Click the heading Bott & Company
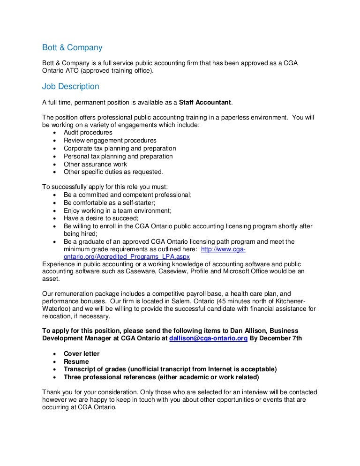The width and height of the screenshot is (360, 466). click(72, 48)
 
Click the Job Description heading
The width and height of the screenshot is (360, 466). click(71, 87)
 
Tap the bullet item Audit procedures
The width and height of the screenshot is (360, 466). click(88, 133)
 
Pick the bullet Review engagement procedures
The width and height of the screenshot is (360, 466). click(110, 141)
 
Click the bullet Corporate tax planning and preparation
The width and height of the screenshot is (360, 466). click(120, 149)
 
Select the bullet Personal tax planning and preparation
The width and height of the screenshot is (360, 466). click(118, 157)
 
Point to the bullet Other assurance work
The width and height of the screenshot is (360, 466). click(95, 165)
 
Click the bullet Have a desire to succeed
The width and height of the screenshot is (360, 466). click(101, 218)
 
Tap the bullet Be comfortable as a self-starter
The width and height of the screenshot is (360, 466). click(109, 203)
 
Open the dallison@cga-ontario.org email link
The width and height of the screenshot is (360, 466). click(208, 338)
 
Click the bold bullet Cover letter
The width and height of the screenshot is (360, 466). click(82, 354)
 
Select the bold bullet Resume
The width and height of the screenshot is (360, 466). click(76, 362)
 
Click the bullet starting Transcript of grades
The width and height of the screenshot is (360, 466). click(170, 369)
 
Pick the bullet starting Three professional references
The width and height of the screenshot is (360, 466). click(161, 377)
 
